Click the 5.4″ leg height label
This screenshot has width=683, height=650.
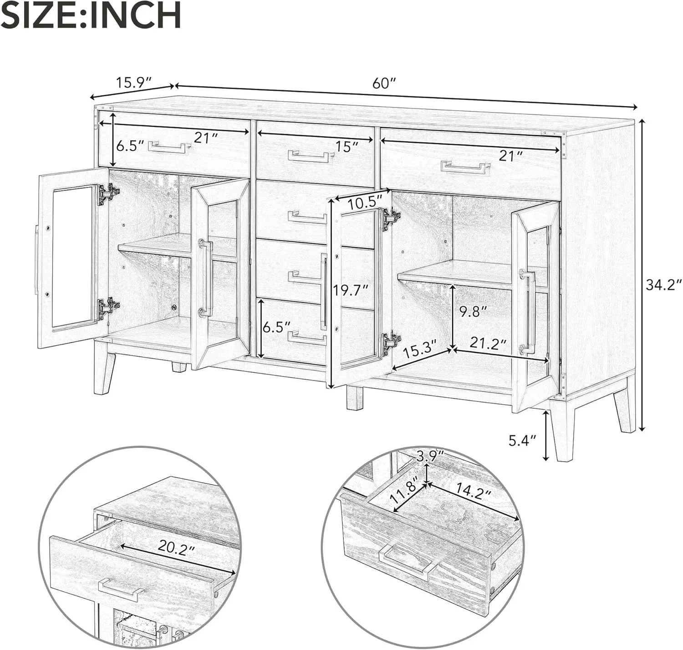(x=523, y=441)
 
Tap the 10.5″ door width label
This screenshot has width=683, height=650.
(x=365, y=203)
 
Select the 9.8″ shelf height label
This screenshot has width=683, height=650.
(x=474, y=312)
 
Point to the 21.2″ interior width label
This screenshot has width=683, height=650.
(x=488, y=344)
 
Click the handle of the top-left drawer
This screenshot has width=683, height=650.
(x=169, y=147)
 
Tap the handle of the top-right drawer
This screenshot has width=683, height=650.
(x=465, y=168)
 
